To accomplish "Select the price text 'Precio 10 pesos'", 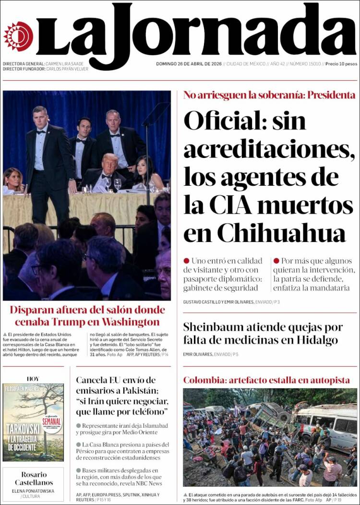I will click(x=341, y=64).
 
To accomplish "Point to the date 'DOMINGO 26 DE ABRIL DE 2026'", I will click(x=189, y=64).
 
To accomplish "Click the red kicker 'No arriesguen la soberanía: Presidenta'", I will click(x=269, y=95).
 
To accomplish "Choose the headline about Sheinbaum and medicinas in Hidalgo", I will click(x=263, y=334).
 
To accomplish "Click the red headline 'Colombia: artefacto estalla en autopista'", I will click(x=266, y=380).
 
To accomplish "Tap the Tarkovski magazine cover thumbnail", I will click(x=33, y=422).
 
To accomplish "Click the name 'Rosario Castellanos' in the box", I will click(x=33, y=478).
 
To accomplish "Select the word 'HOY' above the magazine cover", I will click(x=33, y=379).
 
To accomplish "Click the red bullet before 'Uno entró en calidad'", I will click(x=186, y=261).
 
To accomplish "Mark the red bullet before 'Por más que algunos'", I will click(x=276, y=261).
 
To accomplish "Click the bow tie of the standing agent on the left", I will click(x=42, y=131).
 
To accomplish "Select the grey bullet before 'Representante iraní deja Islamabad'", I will click(x=78, y=426).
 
